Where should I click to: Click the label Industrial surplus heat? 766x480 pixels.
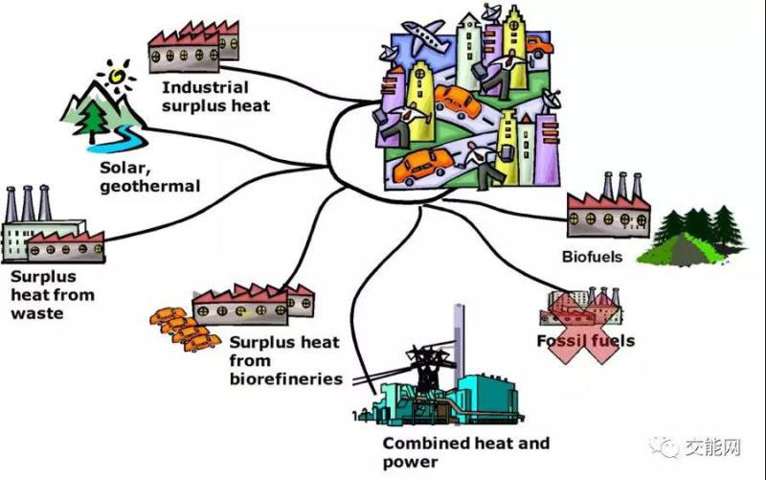pos(215,96)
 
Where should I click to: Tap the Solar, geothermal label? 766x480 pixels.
pos(149,177)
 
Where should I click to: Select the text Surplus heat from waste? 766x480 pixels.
pos(51,294)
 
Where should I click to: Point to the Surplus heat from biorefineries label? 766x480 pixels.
pos(285,360)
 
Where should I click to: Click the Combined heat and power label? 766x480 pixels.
pos(466,452)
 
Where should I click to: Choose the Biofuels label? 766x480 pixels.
pos(592,257)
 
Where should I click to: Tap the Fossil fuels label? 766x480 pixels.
pos(586,340)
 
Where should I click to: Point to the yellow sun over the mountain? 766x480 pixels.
pos(119,72)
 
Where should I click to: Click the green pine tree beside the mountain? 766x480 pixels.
pos(96,119)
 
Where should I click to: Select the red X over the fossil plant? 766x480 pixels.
pos(583,325)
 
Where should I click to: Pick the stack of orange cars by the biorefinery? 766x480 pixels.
pos(182,328)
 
